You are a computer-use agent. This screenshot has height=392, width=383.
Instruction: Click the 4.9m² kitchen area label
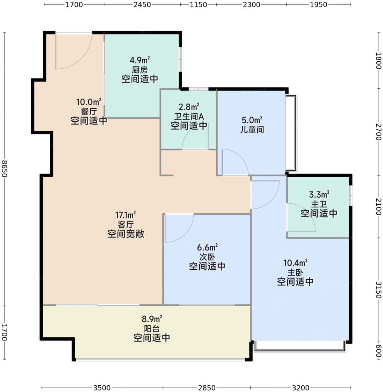click(140, 60)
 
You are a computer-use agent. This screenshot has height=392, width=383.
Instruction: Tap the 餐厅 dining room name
click(89, 111)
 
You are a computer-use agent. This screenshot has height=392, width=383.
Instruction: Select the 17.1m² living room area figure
click(125, 215)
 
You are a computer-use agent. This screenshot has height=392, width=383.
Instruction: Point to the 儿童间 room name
click(252, 130)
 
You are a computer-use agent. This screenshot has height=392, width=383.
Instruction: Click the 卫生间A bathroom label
click(189, 117)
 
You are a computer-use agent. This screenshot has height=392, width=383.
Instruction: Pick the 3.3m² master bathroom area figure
click(319, 195)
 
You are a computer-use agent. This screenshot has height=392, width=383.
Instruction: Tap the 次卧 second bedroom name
click(207, 257)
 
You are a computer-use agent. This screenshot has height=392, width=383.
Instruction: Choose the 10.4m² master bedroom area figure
click(295, 263)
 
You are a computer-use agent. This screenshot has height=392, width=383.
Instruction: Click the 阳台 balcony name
click(152, 329)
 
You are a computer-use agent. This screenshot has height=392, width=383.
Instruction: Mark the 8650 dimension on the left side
click(4, 169)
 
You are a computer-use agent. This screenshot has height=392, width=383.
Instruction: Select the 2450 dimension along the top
click(142, 4)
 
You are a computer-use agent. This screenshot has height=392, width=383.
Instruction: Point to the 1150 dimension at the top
click(198, 4)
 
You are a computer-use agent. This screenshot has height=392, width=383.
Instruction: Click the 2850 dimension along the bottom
click(207, 388)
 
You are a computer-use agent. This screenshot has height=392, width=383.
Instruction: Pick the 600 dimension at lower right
click(379, 351)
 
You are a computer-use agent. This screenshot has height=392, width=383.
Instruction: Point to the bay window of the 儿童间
click(291, 133)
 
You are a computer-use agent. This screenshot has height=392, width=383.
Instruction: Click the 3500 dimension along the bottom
click(102, 388)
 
